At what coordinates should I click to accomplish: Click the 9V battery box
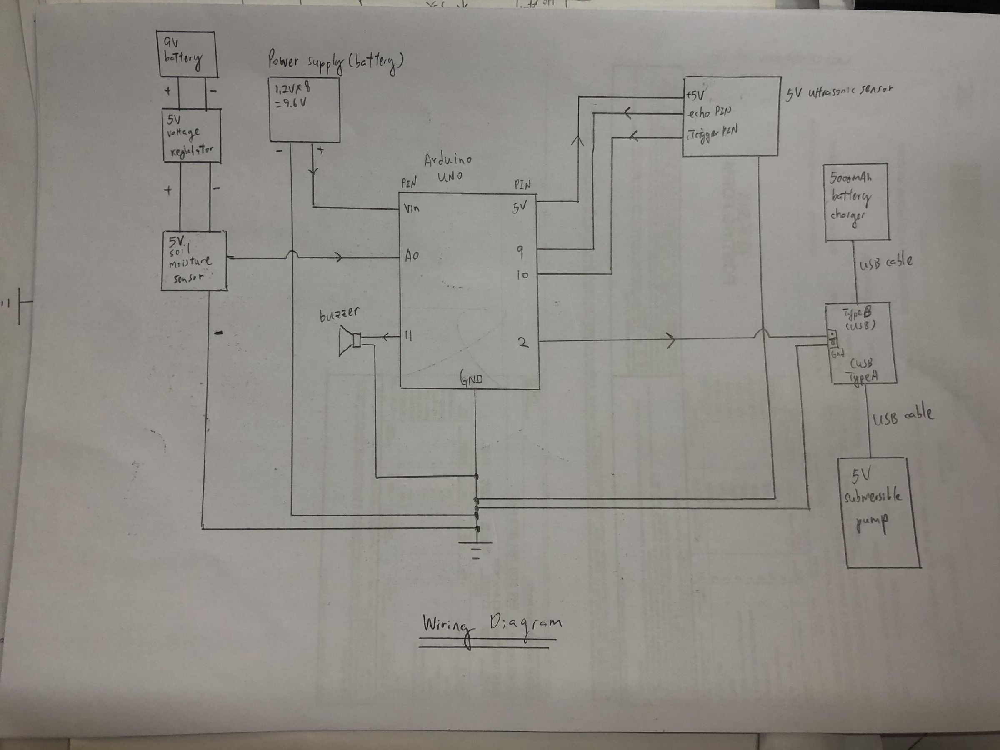pyautogui.click(x=186, y=54)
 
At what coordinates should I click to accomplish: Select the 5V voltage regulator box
pyautogui.click(x=192, y=135)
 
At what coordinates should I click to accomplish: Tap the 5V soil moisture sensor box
pyautogui.click(x=193, y=261)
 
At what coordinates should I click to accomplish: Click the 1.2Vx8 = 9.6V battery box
pyautogui.click(x=304, y=110)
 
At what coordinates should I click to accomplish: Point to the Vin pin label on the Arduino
pyautogui.click(x=411, y=208)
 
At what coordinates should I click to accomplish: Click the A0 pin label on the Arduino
pyautogui.click(x=412, y=256)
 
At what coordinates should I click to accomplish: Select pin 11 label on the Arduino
pyautogui.click(x=408, y=336)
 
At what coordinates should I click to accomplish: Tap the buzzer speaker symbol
pyautogui.click(x=350, y=342)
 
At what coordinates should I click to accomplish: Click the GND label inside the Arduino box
pyautogui.click(x=472, y=379)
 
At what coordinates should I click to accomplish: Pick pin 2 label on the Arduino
pyautogui.click(x=522, y=342)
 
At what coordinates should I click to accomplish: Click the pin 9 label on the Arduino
pyautogui.click(x=520, y=252)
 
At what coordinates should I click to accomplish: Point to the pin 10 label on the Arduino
pyautogui.click(x=522, y=275)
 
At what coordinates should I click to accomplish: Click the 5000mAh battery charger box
pyautogui.click(x=856, y=202)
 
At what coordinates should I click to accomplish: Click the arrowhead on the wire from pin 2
pyautogui.click(x=671, y=340)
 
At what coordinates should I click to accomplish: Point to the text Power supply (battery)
pyautogui.click(x=335, y=63)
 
